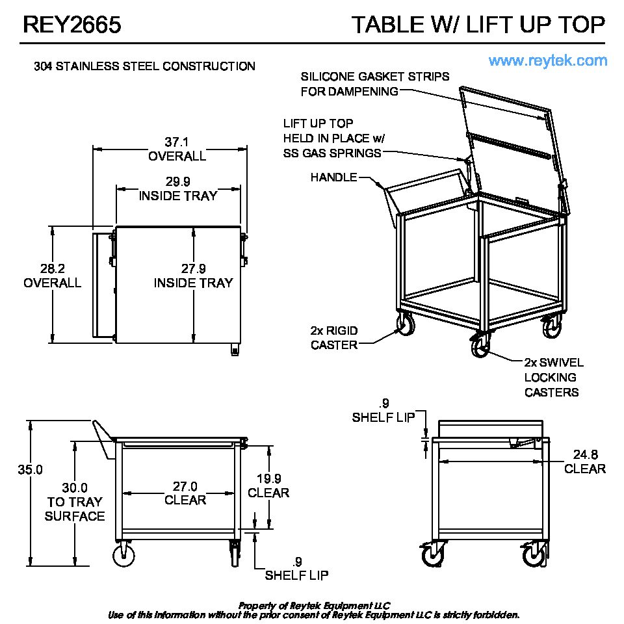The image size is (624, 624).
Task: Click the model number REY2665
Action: (x=72, y=25)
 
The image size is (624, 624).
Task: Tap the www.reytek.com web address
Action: (x=548, y=61)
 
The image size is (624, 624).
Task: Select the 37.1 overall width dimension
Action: (x=177, y=142)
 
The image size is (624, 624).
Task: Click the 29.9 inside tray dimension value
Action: (x=178, y=182)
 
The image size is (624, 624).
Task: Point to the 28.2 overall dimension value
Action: (x=53, y=268)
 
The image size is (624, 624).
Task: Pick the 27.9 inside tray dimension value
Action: (x=194, y=268)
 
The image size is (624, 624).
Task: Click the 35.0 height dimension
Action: (x=31, y=470)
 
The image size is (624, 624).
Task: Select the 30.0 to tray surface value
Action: (x=75, y=488)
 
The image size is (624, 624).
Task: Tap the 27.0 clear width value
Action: (x=185, y=486)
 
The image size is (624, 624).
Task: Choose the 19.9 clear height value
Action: (x=268, y=478)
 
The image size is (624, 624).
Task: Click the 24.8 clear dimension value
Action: (x=586, y=454)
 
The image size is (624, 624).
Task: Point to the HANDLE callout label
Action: (x=333, y=177)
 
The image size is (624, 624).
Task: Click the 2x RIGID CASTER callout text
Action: (x=334, y=338)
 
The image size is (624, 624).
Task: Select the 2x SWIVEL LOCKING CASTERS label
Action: (x=554, y=377)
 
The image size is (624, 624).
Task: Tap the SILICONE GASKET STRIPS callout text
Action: (x=375, y=77)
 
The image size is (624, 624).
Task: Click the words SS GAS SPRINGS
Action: (x=332, y=153)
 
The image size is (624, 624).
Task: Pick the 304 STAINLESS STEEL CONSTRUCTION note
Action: (x=144, y=66)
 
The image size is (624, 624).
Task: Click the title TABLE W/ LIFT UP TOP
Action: (x=478, y=25)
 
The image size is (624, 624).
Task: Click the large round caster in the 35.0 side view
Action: (x=123, y=556)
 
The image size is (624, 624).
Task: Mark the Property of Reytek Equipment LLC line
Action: (x=315, y=606)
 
